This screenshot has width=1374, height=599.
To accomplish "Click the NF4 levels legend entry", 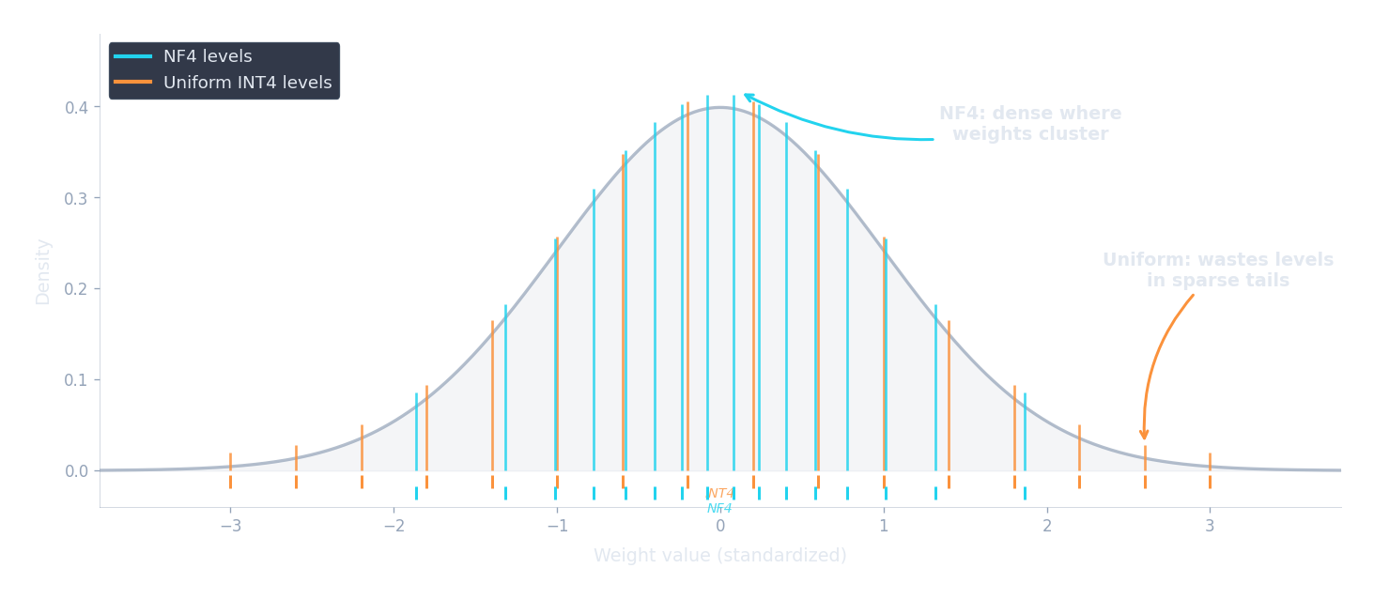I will point(207,57).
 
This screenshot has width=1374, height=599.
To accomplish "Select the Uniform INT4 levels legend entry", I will point(247,83).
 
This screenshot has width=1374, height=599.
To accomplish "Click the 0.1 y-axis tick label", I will point(77,380).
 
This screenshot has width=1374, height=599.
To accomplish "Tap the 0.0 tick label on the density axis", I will point(77,471).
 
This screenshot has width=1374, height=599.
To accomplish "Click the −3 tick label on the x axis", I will point(230,527).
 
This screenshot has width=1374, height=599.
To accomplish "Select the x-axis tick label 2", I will point(1046,527).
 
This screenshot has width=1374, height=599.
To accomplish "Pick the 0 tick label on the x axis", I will point(720,527).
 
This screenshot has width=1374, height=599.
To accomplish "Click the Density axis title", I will point(43,272).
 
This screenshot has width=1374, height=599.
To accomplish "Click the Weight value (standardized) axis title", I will point(720,556).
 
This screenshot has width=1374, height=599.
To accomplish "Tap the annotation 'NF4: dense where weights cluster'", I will point(1030,124).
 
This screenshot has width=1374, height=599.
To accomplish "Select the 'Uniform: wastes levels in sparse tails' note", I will point(1217,270).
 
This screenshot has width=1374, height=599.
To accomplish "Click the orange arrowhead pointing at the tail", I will point(1144,435).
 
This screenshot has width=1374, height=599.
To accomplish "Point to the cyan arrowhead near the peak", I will point(749,97).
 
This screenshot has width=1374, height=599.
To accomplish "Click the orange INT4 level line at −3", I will point(230,470).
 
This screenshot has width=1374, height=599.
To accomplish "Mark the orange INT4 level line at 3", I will point(1210,470).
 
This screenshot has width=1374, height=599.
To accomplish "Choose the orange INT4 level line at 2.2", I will point(1079,455).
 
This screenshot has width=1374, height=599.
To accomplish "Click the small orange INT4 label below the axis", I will point(720,493).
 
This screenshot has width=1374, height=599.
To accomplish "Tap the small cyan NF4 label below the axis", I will point(720,508).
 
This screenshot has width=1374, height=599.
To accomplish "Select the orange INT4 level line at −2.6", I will point(296,467).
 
